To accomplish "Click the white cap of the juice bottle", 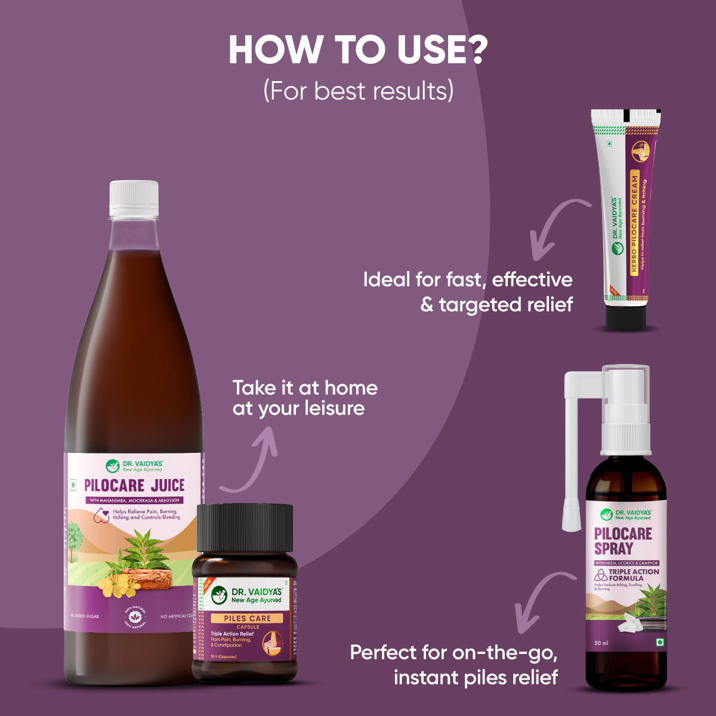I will coord(134,199).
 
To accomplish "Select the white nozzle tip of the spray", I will coord(571,517).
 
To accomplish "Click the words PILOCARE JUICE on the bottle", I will coord(134,484).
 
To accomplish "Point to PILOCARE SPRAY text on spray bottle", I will coord(623,541).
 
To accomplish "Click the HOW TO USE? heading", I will coord(358,51).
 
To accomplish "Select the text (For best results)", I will coord(358,91).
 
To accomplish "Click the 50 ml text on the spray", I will coord(601,643).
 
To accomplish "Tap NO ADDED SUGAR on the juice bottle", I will coord(84,616).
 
